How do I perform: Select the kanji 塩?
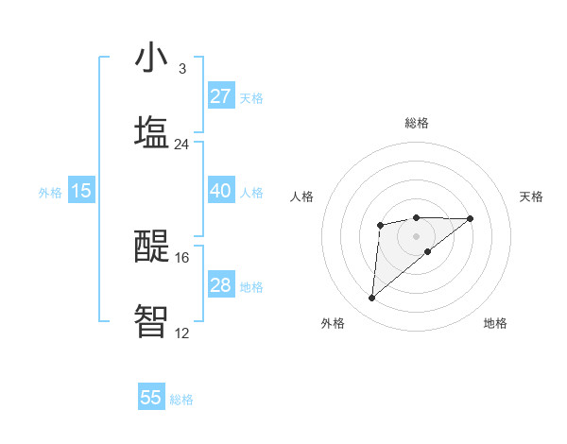pyautogui.click(x=151, y=131)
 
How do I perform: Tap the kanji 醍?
pyautogui.click(x=151, y=247)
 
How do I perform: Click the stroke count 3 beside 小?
pyautogui.click(x=181, y=69)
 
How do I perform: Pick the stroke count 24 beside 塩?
pyautogui.click(x=181, y=144)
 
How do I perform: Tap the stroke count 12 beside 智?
pyautogui.click(x=181, y=333)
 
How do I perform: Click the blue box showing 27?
pyautogui.click(x=220, y=96)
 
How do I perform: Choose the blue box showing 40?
pyautogui.click(x=220, y=191)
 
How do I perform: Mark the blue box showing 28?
pyautogui.click(x=220, y=285)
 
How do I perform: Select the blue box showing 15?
pyautogui.click(x=81, y=191)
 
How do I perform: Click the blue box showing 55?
pyautogui.click(x=151, y=398)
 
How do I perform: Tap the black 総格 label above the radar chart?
pyautogui.click(x=417, y=123)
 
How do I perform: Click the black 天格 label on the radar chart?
pyautogui.click(x=532, y=196)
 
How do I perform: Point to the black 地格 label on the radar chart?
pyautogui.click(x=495, y=323)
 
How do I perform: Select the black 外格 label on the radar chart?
pyautogui.click(x=333, y=323)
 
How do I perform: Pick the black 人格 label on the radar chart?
pyautogui.click(x=301, y=196)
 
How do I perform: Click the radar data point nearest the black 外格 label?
pyautogui.click(x=371, y=299)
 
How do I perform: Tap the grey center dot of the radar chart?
pyautogui.click(x=417, y=235)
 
